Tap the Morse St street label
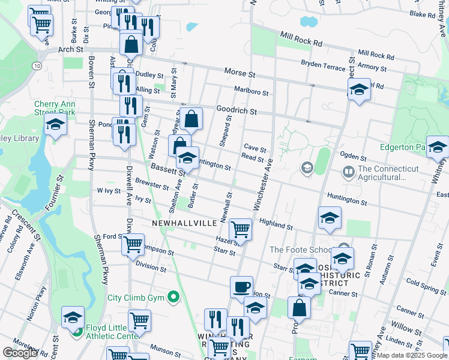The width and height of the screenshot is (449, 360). pyautogui.click(x=240, y=72)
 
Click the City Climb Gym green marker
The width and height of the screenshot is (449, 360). pyautogui.click(x=174, y=297)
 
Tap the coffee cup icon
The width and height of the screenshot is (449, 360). pyautogui.click(x=241, y=287)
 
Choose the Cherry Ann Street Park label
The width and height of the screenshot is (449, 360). pyautogui.click(x=54, y=107)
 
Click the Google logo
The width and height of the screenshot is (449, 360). pyautogui.click(x=20, y=353)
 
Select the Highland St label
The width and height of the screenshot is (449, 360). pyautogui.click(x=276, y=224)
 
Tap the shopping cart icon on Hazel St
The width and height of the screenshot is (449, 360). pyautogui.click(x=240, y=229)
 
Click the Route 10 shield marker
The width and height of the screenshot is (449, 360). pyautogui.click(x=37, y=65)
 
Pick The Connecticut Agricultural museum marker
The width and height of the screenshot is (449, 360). pyautogui.click(x=348, y=173)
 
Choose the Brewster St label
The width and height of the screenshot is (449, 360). pyautogui.click(x=152, y=184)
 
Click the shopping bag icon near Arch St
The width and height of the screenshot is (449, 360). pyautogui.click(x=130, y=44)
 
